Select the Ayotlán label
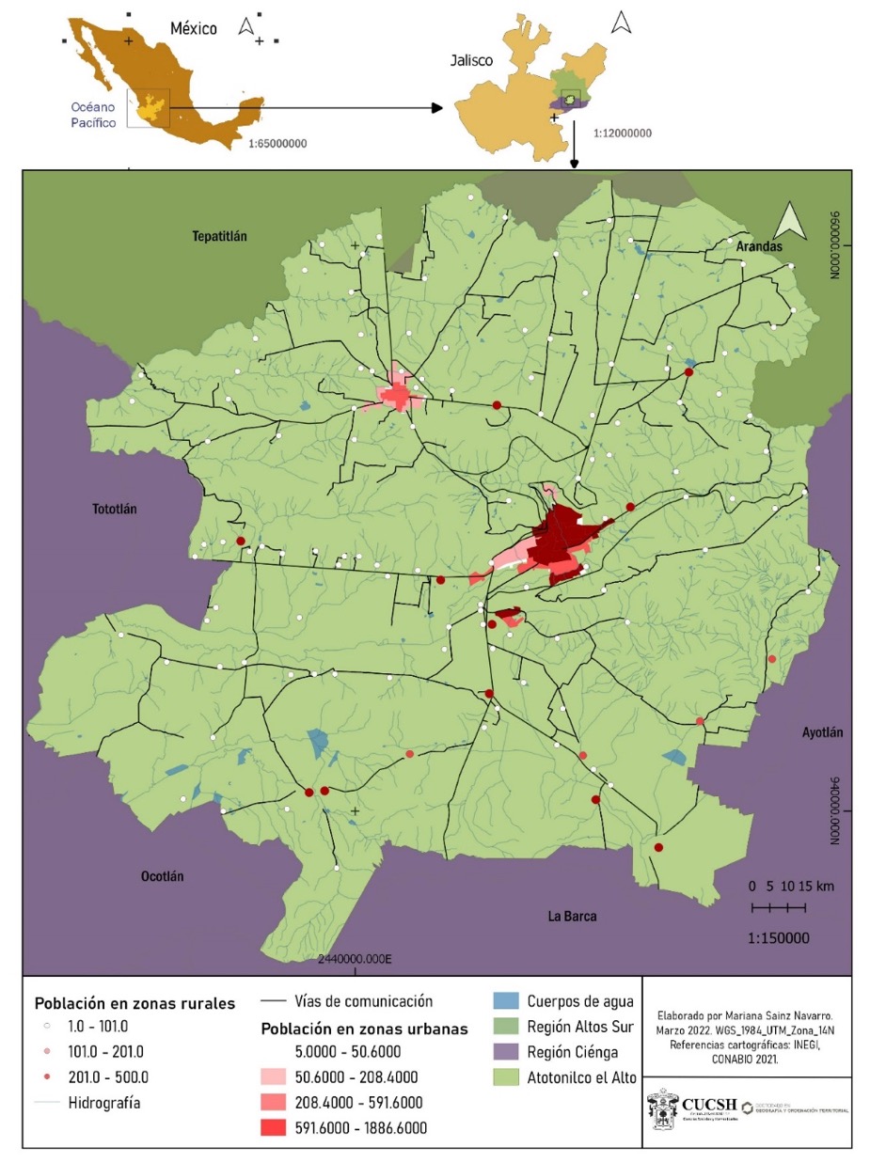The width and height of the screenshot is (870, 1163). pos(822,732)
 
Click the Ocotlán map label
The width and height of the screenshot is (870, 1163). pos(162,876)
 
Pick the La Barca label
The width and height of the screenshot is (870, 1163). pos(572,916)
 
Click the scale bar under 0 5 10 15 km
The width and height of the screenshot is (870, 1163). pos(778,907)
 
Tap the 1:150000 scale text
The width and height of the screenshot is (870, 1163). pos(778,938)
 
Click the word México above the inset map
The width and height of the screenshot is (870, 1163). pos(193,28)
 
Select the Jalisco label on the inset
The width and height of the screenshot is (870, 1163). pos(468,62)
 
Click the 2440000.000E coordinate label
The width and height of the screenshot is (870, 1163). pos(356,960)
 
